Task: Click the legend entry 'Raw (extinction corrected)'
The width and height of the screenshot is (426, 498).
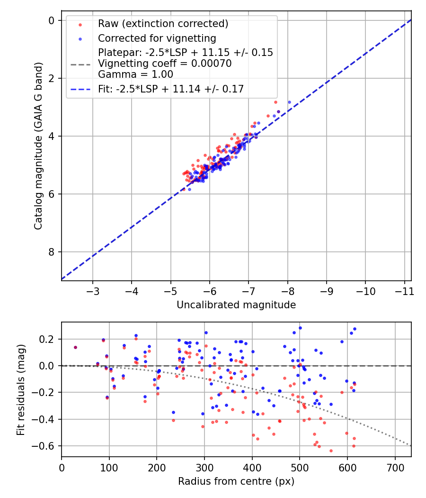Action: coord(163,24)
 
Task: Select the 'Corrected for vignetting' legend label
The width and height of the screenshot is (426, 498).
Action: coord(157,38)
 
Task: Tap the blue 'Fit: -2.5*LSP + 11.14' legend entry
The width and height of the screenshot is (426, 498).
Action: coord(170,89)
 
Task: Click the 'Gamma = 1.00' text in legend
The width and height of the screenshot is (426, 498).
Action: coord(135,74)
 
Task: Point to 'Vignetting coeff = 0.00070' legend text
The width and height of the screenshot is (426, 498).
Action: coord(165,64)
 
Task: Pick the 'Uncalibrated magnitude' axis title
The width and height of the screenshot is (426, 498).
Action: coord(236,305)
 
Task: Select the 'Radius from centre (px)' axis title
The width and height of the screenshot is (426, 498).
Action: coord(236,481)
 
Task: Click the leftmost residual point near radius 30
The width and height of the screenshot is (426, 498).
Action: coord(75,347)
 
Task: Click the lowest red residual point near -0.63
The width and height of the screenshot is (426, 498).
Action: coord(331,451)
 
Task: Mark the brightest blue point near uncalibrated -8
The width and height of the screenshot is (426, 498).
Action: coord(289,102)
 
